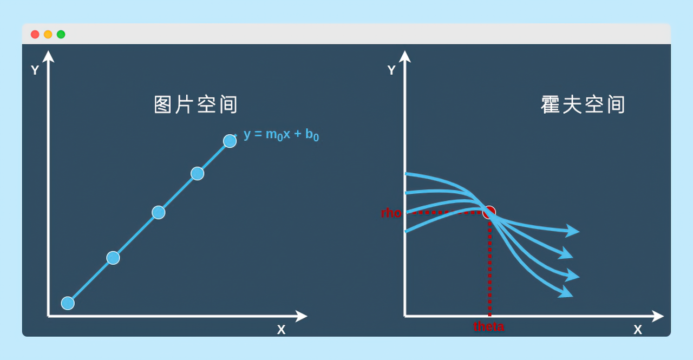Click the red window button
pos(35,34)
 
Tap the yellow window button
pos(48,34)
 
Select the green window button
pos(61,34)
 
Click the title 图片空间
pos(195,104)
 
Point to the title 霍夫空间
pos(583,104)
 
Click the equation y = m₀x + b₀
pos(281,135)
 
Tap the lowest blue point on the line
pos(68,303)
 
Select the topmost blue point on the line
pos(230,141)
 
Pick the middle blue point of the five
pos(159,212)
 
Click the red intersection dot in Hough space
pos(489,212)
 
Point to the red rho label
pos(391,213)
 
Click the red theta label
pos(489,326)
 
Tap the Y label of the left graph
pos(35,70)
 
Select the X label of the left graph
pos(281,330)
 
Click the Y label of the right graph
pos(391,70)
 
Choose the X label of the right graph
pos(638,330)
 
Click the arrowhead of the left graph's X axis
pos(302,316)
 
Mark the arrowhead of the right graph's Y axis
pos(404,57)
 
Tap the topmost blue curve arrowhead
pos(572,231)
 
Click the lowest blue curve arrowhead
pos(566,292)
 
